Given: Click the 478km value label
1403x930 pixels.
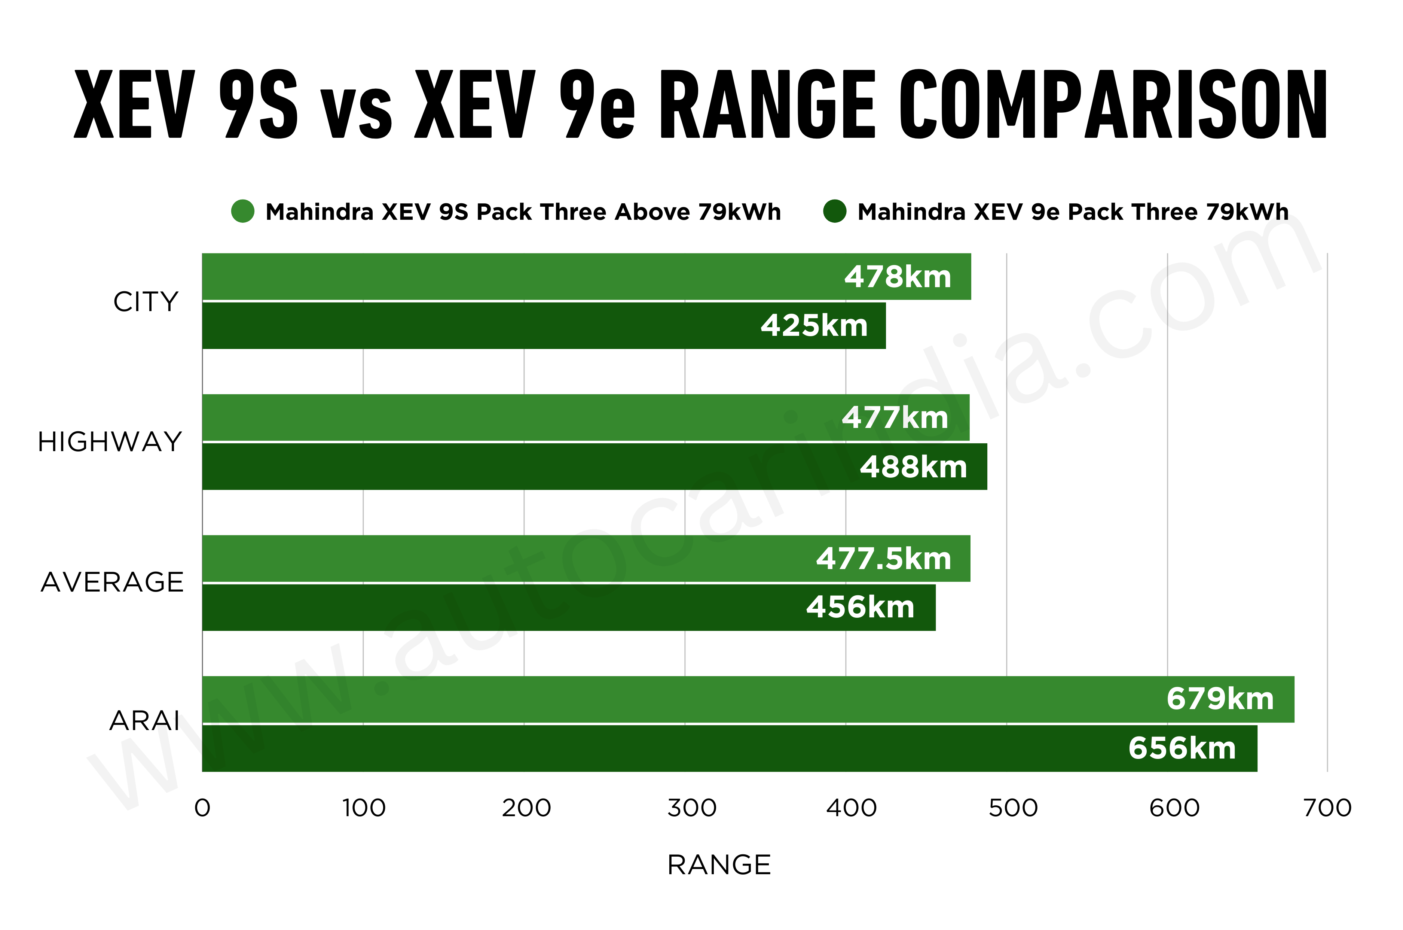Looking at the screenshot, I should tap(898, 277).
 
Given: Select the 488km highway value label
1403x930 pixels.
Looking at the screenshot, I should tap(913, 467).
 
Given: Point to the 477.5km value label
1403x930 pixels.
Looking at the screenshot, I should tap(883, 559).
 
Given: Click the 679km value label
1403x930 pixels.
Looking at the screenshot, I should tap(1220, 699).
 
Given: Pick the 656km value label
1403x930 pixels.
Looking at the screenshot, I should tap(1182, 748).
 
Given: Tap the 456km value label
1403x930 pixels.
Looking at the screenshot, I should tap(860, 607).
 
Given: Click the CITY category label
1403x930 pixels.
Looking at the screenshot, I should tap(146, 302).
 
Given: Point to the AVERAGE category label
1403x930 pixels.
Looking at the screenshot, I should tap(112, 583).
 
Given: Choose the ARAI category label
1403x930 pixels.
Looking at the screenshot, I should tap(145, 721).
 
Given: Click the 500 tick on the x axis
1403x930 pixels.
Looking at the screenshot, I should tap(1013, 808).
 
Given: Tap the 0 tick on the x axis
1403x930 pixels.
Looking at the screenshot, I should tap(202, 808).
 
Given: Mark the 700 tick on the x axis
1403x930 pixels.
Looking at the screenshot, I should tap(1327, 808).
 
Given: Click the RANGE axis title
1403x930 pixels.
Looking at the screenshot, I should tap(719, 865).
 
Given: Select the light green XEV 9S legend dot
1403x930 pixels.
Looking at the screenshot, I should tap(242, 211).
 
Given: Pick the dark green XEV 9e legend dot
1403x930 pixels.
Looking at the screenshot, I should tap(835, 211).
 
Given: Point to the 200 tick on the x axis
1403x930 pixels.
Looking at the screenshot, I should tap(526, 808).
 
